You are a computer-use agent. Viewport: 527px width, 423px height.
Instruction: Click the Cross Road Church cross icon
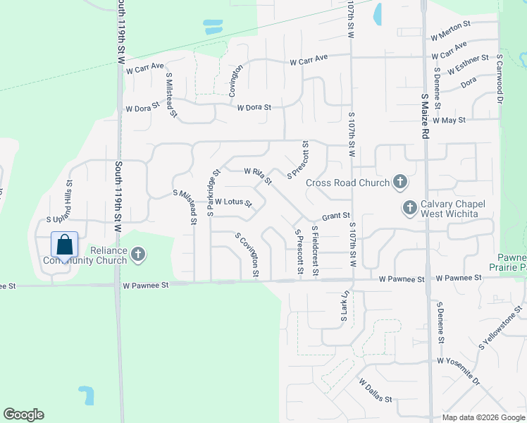coord(399,183)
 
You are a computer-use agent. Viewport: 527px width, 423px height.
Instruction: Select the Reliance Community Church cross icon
coord(138,255)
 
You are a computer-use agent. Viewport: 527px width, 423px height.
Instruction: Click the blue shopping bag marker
coord(64,245)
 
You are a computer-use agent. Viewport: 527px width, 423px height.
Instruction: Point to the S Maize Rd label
coord(425,106)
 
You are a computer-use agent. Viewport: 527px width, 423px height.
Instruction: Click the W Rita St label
coord(258,176)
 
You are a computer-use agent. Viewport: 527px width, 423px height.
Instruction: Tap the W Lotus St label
coord(233,202)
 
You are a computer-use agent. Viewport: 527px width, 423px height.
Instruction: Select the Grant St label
coord(336,216)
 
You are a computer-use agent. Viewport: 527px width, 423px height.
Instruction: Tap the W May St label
coord(449,121)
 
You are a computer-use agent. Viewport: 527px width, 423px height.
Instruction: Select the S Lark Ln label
coord(345,308)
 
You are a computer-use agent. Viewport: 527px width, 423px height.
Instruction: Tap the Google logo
coord(23,415)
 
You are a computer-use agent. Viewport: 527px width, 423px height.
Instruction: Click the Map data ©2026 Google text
coord(483,417)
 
